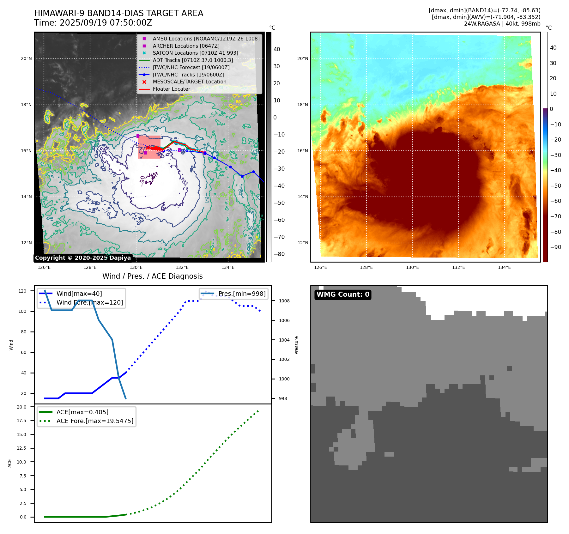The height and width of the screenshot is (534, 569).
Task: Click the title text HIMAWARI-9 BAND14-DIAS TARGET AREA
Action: click(118, 13)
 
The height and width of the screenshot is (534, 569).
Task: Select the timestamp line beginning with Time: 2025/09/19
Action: click(93, 23)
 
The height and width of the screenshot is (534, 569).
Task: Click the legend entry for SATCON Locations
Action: click(195, 53)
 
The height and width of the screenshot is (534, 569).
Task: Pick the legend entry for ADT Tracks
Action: click(193, 60)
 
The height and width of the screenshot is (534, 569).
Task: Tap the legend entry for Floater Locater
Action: click(171, 89)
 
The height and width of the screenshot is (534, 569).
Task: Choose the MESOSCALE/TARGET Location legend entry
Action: click(190, 82)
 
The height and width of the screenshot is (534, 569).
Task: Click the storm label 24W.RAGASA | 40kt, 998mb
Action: click(502, 24)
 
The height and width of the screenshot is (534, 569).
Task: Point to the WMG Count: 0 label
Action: click(343, 294)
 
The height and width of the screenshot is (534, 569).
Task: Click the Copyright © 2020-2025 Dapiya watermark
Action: click(83, 258)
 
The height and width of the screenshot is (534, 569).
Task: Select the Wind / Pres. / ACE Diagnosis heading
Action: click(152, 276)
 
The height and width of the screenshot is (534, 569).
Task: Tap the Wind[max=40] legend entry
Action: click(79, 294)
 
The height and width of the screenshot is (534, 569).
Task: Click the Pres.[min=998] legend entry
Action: click(242, 294)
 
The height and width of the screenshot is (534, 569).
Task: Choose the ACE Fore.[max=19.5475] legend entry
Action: click(95, 421)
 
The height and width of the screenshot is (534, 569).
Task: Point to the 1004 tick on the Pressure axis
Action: click(284, 340)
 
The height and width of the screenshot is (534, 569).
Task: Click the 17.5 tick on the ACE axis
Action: click(21, 421)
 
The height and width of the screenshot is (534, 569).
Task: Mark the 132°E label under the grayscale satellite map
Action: click(182, 267)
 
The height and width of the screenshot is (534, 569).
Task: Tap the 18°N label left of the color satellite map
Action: click(302, 105)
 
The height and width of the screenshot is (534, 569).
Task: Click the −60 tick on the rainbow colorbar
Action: click(555, 201)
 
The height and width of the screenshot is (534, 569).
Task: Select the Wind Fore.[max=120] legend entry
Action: click(89, 302)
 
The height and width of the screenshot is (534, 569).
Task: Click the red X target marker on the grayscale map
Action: click(148, 148)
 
